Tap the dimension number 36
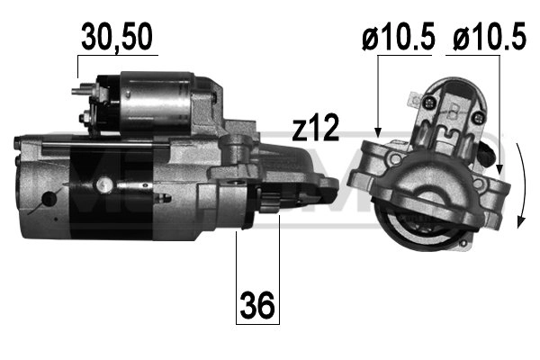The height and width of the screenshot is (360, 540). pos(258,308)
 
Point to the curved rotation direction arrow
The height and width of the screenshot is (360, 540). pos(524,184)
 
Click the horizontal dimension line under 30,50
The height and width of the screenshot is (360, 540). pos(117,57)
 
